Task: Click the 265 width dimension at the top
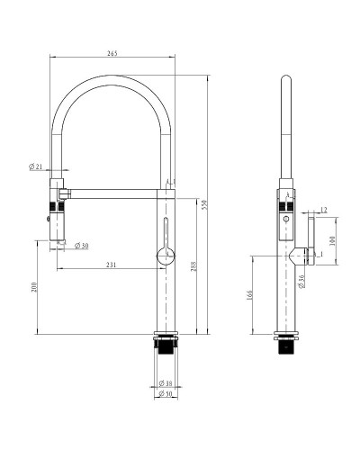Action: click(112, 53)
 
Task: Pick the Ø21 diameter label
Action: click(36, 167)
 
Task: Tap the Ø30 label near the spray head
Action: click(79, 246)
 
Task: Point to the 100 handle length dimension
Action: click(333, 241)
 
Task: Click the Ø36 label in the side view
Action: click(301, 283)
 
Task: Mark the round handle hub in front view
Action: click(164, 256)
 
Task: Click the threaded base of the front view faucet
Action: click(166, 346)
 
